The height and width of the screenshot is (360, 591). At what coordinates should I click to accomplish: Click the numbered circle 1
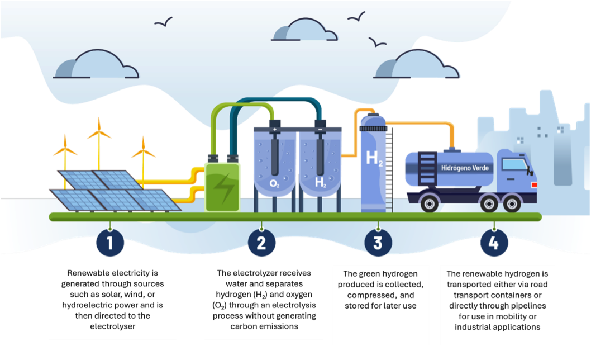(110, 243)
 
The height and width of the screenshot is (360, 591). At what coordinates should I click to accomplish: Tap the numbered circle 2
(262, 243)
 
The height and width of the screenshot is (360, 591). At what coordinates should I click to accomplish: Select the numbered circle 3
(378, 243)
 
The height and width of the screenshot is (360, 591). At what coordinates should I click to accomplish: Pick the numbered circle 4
(494, 243)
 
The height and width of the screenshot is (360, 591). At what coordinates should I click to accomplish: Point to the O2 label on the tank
(274, 183)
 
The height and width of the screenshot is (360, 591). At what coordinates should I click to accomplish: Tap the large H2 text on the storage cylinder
(374, 158)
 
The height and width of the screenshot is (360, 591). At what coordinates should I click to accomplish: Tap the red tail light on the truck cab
(533, 184)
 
